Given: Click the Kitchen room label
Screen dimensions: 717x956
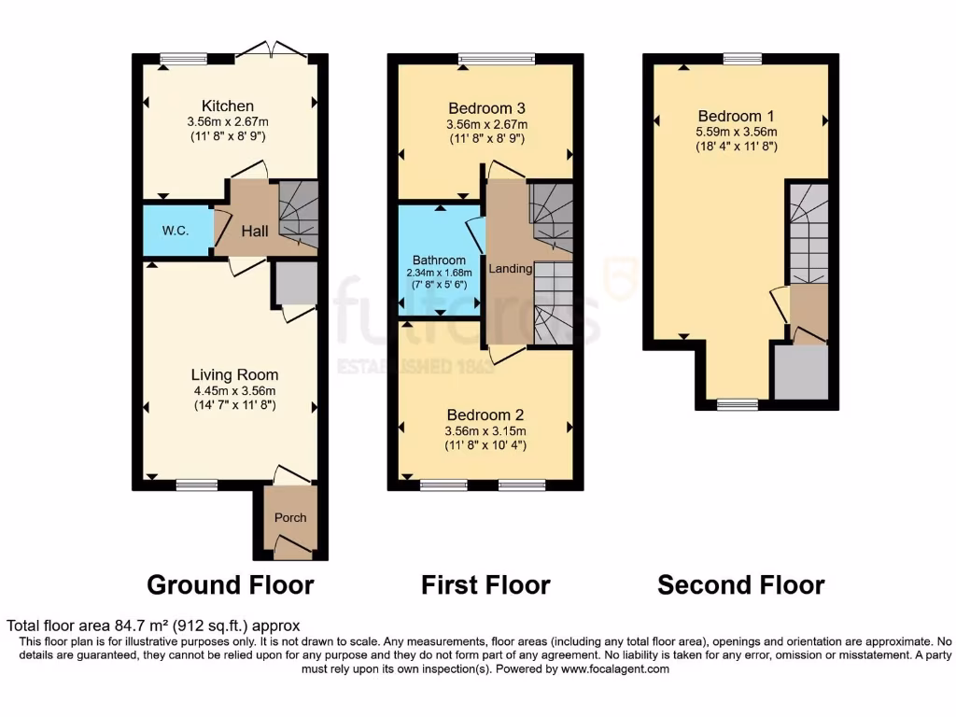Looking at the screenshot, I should point(228,105).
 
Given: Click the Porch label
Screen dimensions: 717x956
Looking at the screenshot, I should point(289,517).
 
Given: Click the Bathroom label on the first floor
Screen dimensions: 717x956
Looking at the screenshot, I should point(439,260).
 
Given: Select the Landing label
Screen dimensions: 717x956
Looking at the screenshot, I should point(510,269).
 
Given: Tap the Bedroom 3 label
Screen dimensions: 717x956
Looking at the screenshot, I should point(485,107).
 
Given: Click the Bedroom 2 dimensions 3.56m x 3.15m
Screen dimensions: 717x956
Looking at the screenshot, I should point(485,430).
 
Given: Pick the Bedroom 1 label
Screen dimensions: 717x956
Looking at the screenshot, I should point(737,116).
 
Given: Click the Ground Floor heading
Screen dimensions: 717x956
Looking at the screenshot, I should point(230,585).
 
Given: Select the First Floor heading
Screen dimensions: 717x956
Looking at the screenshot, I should point(485,585).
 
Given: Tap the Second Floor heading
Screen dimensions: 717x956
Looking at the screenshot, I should point(740,585).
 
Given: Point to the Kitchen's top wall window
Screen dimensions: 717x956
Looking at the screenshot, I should point(183,59).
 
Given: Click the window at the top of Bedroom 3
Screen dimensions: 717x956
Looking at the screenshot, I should point(498,59).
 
